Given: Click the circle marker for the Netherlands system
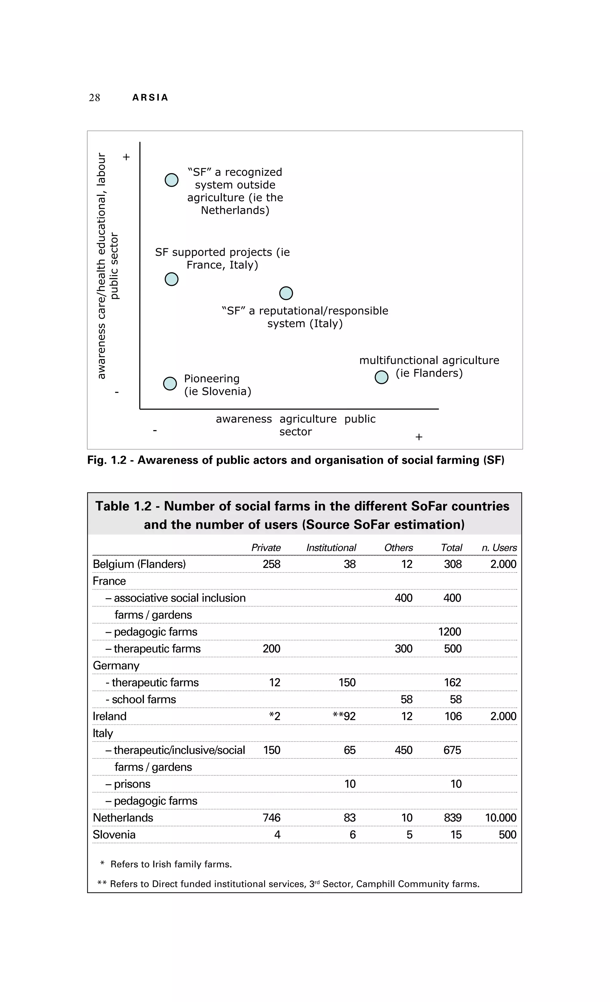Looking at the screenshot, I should (x=171, y=180).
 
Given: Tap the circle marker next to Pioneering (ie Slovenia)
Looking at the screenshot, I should (x=169, y=384).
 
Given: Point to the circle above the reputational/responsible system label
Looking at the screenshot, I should (x=286, y=293).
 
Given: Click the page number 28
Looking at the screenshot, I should (x=94, y=98).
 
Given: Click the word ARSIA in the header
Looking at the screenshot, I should (x=150, y=98).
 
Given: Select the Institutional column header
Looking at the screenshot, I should (x=331, y=548).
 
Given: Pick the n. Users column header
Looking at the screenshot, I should (x=499, y=548).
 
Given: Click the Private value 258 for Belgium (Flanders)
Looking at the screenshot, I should (x=271, y=564).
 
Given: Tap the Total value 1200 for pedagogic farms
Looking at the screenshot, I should (x=449, y=632).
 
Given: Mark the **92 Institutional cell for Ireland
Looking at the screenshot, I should (x=344, y=716).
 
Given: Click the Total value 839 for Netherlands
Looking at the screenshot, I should (x=453, y=817).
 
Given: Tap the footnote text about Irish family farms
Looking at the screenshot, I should (x=171, y=864).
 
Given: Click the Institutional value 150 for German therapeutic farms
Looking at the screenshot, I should (x=347, y=682).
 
